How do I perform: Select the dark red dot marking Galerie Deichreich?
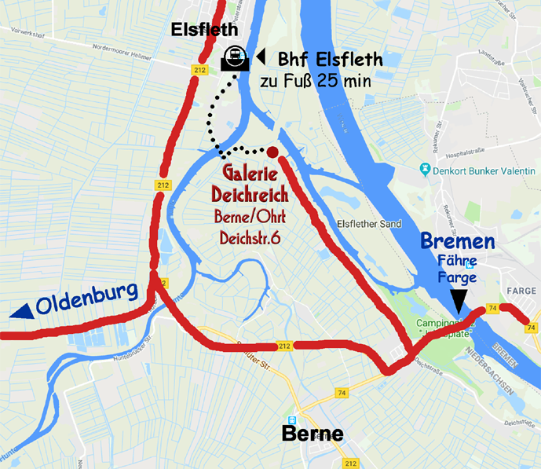(272, 152)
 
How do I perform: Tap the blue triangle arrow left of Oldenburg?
(22, 312)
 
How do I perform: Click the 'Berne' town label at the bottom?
(313, 434)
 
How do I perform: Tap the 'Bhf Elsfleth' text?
(330, 58)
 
